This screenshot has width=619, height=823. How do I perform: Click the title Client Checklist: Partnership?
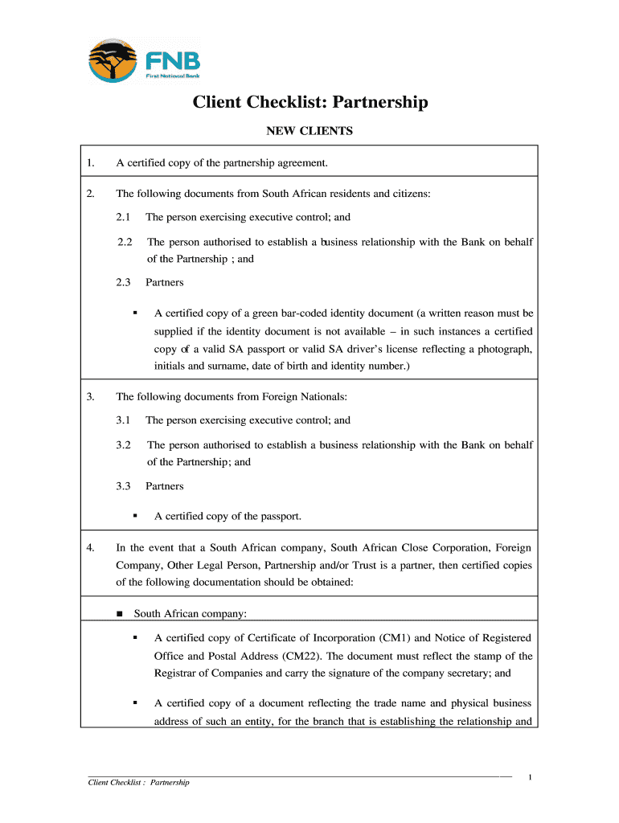[x=309, y=103]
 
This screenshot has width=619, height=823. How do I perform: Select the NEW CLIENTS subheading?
[x=309, y=130]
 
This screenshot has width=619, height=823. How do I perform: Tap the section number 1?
[x=91, y=163]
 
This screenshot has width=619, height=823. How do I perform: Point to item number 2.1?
[x=123, y=217]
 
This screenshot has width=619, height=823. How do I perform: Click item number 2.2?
[x=125, y=242]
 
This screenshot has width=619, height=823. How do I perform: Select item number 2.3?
[x=123, y=282]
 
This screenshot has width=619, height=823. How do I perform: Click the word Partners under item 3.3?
[x=164, y=486]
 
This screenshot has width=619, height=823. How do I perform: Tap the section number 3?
[x=91, y=396]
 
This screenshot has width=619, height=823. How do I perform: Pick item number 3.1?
[x=123, y=420]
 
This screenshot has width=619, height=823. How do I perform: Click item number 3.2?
[x=123, y=444]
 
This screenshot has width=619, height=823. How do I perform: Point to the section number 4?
[x=91, y=548]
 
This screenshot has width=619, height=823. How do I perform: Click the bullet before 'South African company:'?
[x=120, y=615]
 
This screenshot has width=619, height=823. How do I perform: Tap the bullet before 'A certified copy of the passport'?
[x=135, y=516]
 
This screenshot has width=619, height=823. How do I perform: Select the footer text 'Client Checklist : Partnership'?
[x=139, y=782]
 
